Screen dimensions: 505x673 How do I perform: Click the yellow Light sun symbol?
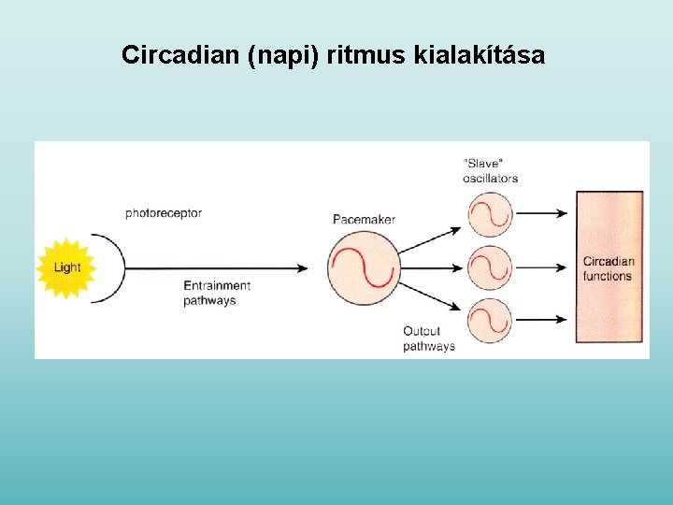click(x=66, y=267)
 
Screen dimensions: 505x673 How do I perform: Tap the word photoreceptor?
click(x=164, y=213)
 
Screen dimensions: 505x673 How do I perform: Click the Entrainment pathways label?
click(x=216, y=293)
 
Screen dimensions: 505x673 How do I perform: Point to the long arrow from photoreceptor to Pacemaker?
click(x=215, y=268)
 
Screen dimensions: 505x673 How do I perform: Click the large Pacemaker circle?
click(x=363, y=268)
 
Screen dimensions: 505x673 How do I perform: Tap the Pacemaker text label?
click(x=364, y=220)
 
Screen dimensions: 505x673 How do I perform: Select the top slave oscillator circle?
click(x=490, y=214)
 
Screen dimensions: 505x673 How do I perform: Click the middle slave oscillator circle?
click(x=490, y=268)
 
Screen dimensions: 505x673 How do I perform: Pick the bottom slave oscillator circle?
click(x=490, y=322)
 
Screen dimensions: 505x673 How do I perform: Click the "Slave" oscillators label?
click(x=490, y=171)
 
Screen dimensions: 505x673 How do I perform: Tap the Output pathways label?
click(x=428, y=339)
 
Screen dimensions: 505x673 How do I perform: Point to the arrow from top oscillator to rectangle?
click(x=542, y=213)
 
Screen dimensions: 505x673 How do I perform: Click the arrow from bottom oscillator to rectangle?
click(x=542, y=322)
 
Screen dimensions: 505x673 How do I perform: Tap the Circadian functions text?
click(x=609, y=269)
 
